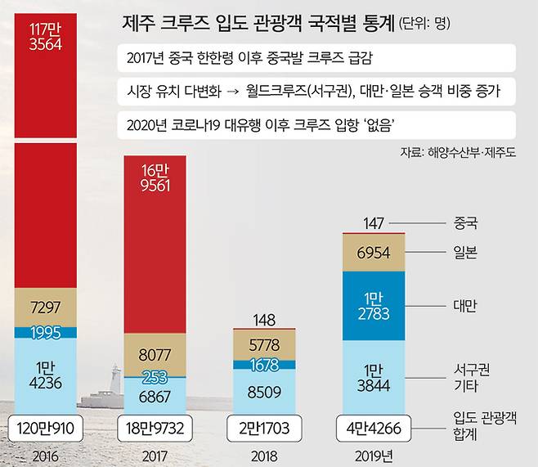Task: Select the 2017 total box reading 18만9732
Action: pos(155,427)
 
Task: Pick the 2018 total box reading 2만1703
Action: pos(263,427)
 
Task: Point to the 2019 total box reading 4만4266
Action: pos(372,427)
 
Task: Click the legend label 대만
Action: pos(464,305)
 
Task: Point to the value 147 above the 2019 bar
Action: pos(372,222)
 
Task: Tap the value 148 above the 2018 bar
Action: pos(263,319)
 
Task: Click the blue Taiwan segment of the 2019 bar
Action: pos(372,303)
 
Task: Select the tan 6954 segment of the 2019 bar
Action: pos(372,253)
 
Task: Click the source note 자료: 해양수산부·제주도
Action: pos(462,151)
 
